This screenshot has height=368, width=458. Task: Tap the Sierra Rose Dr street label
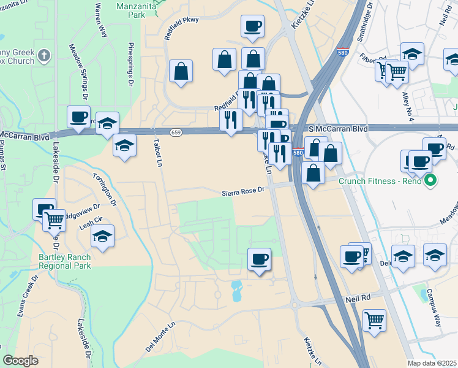[x=243, y=191]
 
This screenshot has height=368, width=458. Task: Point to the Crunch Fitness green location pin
[x=430, y=181]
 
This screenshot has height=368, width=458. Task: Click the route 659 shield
[x=176, y=133]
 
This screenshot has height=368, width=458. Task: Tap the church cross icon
[x=43, y=56]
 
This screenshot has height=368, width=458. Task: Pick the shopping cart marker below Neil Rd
[x=374, y=320]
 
